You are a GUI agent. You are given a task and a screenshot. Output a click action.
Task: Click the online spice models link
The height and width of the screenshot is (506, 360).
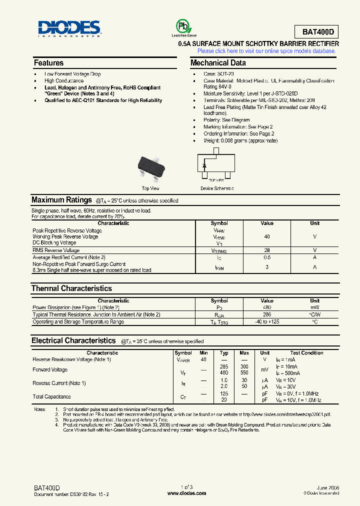[x=266, y=51]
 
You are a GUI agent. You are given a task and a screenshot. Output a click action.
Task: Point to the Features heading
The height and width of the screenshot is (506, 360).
[x=48, y=63]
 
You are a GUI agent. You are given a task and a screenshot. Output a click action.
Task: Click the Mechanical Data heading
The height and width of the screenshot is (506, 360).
[x=218, y=63]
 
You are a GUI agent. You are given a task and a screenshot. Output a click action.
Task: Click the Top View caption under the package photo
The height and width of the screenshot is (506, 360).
[x=150, y=188]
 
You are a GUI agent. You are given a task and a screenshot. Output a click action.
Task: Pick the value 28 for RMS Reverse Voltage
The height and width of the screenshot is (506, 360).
[x=267, y=250]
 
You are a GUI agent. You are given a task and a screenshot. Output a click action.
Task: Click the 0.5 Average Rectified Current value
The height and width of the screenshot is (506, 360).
[x=267, y=257]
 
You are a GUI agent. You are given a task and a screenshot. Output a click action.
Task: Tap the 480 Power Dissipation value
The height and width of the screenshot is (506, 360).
[x=267, y=307]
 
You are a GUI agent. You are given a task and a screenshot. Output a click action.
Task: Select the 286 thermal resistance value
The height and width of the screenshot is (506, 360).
[x=267, y=314]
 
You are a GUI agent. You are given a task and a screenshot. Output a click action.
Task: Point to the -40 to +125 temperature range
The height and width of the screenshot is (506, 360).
[x=267, y=321]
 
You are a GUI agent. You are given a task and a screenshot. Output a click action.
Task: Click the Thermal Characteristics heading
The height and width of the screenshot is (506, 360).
[x=71, y=288]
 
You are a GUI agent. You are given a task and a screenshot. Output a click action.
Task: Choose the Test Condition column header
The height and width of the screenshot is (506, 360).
[x=306, y=353]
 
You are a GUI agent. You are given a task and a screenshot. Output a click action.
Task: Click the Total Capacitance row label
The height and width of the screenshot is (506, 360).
[x=51, y=397]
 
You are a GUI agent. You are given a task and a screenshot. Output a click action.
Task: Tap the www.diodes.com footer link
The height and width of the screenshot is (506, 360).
[x=186, y=493]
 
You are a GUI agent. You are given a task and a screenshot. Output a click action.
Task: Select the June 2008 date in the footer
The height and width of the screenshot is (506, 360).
[x=328, y=487]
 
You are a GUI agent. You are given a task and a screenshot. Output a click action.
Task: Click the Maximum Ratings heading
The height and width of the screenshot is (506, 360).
[x=61, y=200]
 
